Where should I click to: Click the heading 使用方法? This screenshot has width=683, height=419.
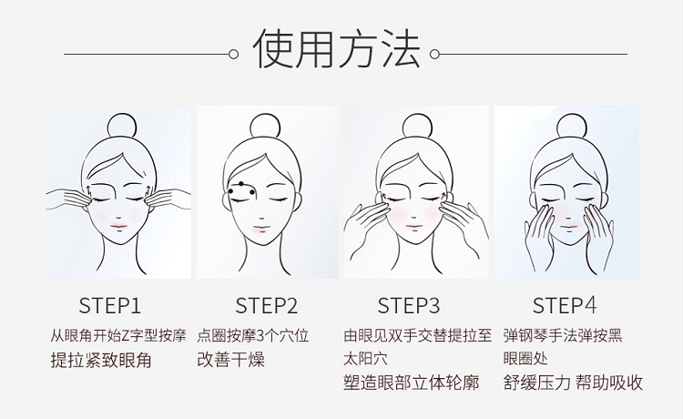coord(336,49)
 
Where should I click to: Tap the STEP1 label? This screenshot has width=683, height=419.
coord(110,305)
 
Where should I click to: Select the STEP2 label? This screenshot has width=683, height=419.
coord(267,305)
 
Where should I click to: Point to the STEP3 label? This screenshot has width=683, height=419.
coord(409,305)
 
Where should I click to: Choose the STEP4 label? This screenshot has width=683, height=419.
coord(565,305)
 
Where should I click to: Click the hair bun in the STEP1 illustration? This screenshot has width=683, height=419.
coord(121,126)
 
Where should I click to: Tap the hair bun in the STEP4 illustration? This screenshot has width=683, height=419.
coord(572,127)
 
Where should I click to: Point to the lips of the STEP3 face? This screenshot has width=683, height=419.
coord(413,227)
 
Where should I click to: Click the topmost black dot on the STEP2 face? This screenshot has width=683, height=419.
coord(241,184)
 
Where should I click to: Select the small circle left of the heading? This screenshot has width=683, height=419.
coord(233,54)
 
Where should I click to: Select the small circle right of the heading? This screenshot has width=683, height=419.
coord(434,54)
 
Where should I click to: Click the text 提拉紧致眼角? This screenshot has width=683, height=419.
coord(101,361)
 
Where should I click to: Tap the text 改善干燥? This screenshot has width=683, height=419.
coord(231,360)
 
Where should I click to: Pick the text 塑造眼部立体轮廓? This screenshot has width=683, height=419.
coord(412,383)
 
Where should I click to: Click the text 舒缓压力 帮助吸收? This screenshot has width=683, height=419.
coord(573,383)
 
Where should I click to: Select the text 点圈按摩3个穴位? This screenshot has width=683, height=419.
coord(252,336)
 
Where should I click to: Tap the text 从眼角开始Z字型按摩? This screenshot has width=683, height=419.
coord(118,336)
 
